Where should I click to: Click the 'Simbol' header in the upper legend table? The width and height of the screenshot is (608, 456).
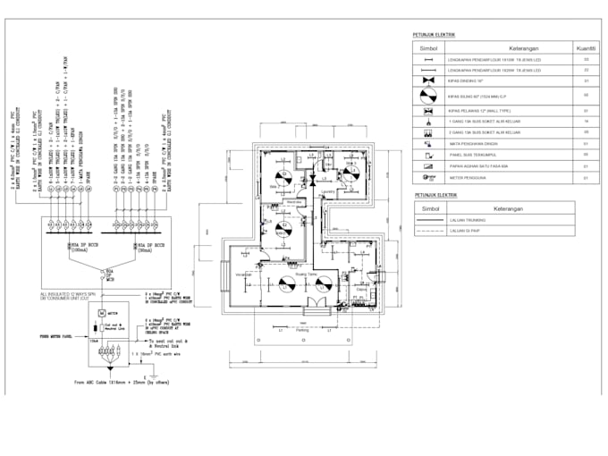click(x=428, y=46)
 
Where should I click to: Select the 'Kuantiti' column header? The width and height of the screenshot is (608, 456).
click(x=586, y=46)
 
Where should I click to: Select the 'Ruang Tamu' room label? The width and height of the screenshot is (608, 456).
click(x=307, y=274)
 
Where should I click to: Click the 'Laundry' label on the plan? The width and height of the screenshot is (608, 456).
click(x=325, y=190)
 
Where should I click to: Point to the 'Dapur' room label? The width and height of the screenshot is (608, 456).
click(x=361, y=289)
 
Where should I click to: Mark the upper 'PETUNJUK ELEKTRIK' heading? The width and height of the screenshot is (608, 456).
click(x=434, y=34)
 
